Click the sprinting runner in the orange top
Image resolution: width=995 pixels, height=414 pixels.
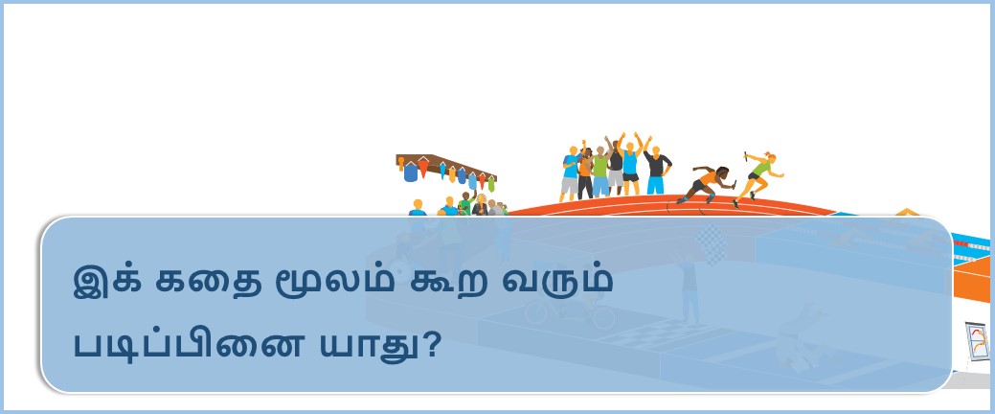(x=707, y=183)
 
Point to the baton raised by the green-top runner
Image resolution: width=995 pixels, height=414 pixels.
(x=747, y=154)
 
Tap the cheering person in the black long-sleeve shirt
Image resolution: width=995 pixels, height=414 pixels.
(x=656, y=170)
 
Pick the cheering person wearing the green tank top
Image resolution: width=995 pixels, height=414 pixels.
(x=600, y=172)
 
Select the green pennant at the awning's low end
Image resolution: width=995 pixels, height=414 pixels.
(x=491, y=184)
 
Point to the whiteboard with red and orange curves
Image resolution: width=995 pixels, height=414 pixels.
(x=977, y=341)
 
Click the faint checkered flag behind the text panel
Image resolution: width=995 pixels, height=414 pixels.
(x=710, y=243)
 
